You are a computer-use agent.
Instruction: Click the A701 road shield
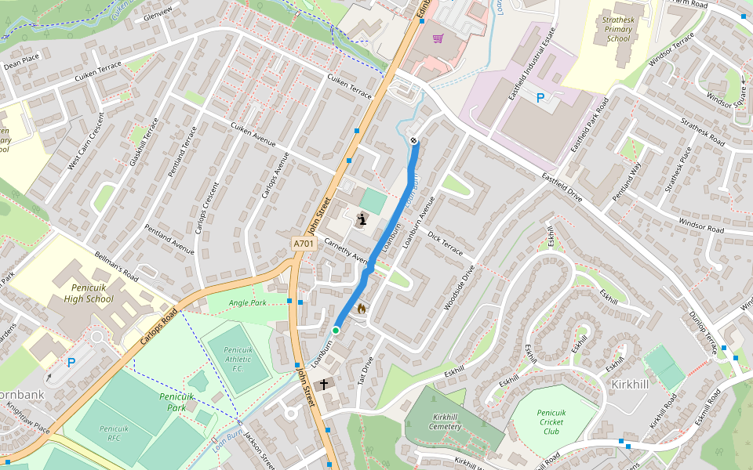click(x=304, y=244)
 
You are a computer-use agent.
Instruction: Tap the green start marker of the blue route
click(x=336, y=331)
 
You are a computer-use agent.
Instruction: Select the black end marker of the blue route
click(x=413, y=141)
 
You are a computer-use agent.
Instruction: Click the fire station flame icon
click(x=362, y=309)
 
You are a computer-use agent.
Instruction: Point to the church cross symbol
click(x=324, y=385)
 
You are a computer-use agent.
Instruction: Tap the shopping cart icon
click(x=438, y=38)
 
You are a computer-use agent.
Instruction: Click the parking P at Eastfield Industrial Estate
click(x=540, y=98)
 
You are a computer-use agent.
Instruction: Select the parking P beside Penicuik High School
click(x=71, y=363)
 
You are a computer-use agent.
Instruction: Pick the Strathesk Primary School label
click(x=618, y=29)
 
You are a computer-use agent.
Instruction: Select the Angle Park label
click(x=248, y=302)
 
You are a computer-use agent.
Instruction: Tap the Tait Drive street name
click(x=366, y=371)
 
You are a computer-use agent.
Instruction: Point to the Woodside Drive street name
click(x=459, y=287)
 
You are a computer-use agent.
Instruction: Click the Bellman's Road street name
click(x=116, y=267)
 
